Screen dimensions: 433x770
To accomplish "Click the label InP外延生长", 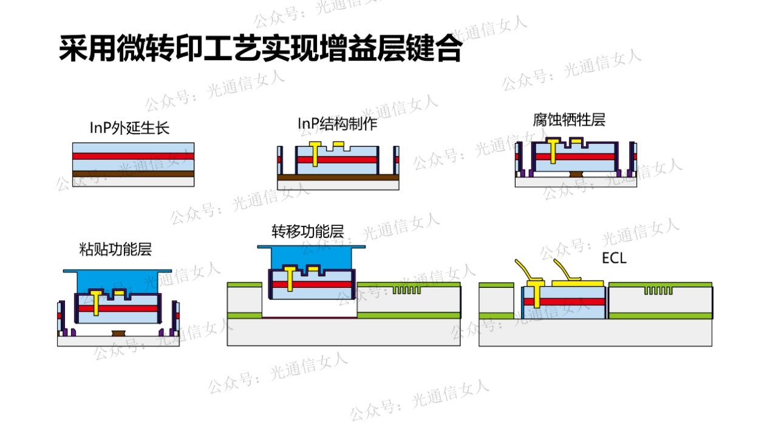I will [129, 128].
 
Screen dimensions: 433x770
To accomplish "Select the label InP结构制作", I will [337, 124].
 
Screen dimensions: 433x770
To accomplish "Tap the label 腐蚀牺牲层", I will [569, 120].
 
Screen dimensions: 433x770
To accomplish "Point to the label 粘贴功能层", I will [115, 249].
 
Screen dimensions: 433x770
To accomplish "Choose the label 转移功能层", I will [307, 231].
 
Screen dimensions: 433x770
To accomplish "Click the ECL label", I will [614, 258].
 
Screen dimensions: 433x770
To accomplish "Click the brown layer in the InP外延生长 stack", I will [133, 173].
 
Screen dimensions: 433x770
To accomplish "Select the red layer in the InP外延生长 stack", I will [133, 156].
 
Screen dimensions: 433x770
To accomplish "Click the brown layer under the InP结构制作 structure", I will [338, 177].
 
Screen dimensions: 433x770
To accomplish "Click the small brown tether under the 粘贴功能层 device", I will [119, 333].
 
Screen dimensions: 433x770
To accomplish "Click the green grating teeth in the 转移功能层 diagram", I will [406, 290].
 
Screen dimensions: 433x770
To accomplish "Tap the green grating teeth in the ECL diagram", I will [657, 290].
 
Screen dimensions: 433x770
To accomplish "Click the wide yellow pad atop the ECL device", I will [576, 283].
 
